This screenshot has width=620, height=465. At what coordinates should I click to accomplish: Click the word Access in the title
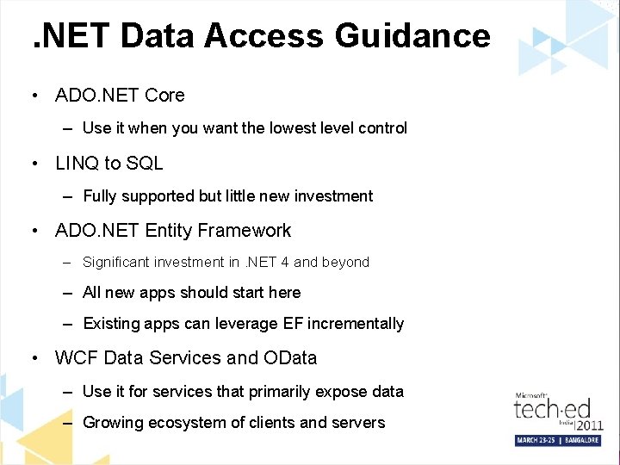[x=276, y=35]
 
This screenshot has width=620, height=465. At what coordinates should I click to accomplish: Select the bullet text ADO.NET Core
[x=120, y=95]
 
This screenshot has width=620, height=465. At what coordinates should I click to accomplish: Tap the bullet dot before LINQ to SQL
[x=33, y=164]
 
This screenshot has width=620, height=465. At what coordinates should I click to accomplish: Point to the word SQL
[x=145, y=163]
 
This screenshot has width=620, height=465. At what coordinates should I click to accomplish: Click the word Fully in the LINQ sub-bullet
[x=101, y=196]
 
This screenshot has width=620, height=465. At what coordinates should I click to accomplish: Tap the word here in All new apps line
[x=284, y=293]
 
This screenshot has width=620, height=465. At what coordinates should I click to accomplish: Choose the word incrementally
[x=368, y=324]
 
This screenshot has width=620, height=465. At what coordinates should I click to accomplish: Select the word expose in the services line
[x=342, y=392]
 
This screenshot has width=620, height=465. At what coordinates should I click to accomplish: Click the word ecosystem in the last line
[x=188, y=423]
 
